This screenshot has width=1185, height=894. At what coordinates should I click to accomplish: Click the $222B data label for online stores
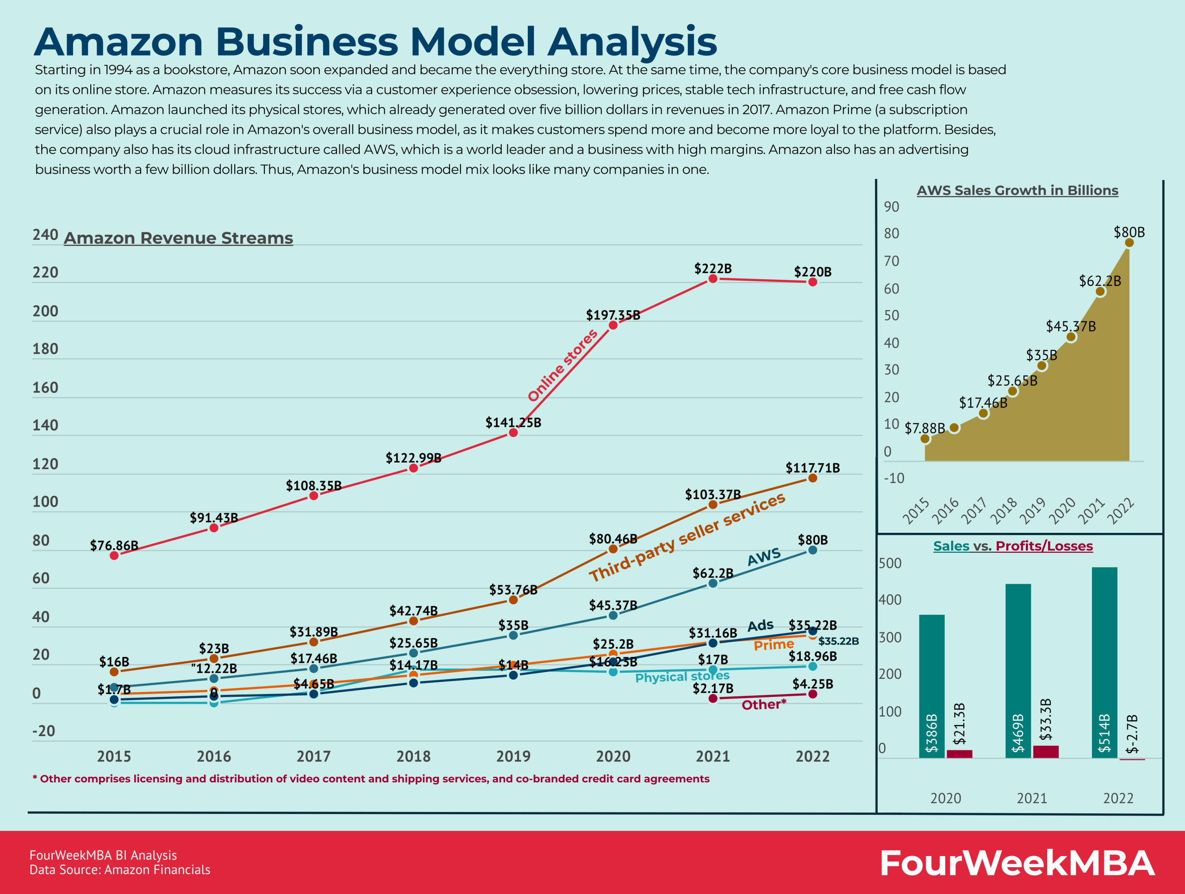(x=712, y=269)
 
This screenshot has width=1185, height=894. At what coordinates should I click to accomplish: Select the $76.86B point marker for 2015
(x=114, y=556)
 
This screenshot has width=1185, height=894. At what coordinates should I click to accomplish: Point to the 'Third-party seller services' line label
(x=687, y=537)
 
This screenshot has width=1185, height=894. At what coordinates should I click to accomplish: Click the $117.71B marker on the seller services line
(x=813, y=478)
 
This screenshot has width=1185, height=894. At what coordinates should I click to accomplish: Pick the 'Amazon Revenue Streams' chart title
(x=178, y=238)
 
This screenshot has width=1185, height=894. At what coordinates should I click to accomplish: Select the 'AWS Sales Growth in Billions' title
(x=1017, y=190)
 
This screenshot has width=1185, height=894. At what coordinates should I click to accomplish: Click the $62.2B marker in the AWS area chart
(x=1100, y=291)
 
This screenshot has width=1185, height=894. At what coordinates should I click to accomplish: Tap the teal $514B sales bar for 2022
(x=1104, y=662)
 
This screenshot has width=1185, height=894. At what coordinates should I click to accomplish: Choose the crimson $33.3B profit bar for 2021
(x=1046, y=751)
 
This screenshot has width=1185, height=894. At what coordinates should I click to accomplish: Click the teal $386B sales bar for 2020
(x=932, y=686)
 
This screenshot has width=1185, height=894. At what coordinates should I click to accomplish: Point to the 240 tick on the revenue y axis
(x=45, y=235)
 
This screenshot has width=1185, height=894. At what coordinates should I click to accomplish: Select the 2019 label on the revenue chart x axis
(x=513, y=756)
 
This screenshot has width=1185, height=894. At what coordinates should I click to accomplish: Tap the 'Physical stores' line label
(x=682, y=676)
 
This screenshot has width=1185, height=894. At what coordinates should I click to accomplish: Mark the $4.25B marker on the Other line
(x=813, y=694)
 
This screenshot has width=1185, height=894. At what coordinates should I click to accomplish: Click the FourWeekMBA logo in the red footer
(x=1017, y=863)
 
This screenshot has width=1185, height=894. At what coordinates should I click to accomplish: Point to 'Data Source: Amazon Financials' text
(x=120, y=869)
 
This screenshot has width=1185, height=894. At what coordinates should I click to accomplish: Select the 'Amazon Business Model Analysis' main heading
(x=375, y=41)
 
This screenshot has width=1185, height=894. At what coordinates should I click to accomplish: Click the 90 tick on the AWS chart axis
(x=892, y=207)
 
